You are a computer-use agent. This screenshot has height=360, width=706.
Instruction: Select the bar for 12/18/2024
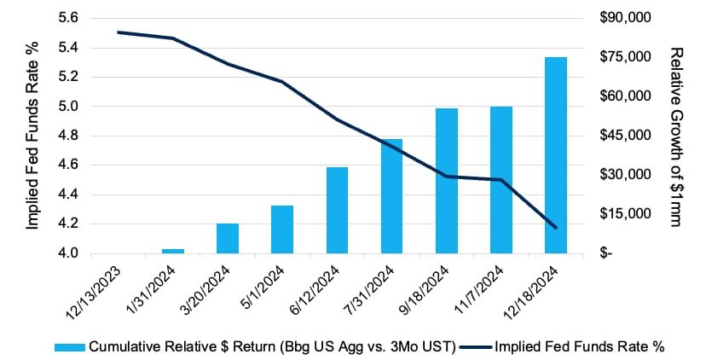[x=556, y=155]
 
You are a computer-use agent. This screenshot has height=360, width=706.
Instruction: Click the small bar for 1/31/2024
[x=173, y=252]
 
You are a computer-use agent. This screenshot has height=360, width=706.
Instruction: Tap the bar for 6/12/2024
[x=338, y=211]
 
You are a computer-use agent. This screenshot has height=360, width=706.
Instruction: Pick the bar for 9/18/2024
[x=447, y=181]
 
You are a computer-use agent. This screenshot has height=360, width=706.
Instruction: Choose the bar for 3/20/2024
[x=228, y=239]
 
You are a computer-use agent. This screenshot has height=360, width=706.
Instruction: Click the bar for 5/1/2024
[x=282, y=229]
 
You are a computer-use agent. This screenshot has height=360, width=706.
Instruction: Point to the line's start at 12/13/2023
[x=119, y=32]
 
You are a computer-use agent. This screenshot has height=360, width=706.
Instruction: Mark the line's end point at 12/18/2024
[x=556, y=228]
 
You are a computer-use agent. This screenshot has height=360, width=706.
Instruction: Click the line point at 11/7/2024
[x=501, y=180]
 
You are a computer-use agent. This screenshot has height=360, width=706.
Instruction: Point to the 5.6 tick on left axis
[x=68, y=18]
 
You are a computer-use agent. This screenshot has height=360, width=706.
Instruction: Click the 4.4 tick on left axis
[x=68, y=195]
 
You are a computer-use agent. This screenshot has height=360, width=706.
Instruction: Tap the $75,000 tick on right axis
[x=625, y=57]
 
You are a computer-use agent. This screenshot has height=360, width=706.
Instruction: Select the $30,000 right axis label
[x=625, y=175]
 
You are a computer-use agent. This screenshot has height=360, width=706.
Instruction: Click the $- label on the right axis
[x=605, y=253]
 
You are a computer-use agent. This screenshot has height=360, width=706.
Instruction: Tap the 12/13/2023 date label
[x=95, y=289]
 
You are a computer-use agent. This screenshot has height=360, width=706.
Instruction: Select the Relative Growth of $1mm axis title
[x=676, y=137]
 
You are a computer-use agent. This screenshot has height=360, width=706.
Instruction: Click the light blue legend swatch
[x=70, y=347]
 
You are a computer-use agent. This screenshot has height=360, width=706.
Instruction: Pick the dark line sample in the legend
[x=477, y=347]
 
